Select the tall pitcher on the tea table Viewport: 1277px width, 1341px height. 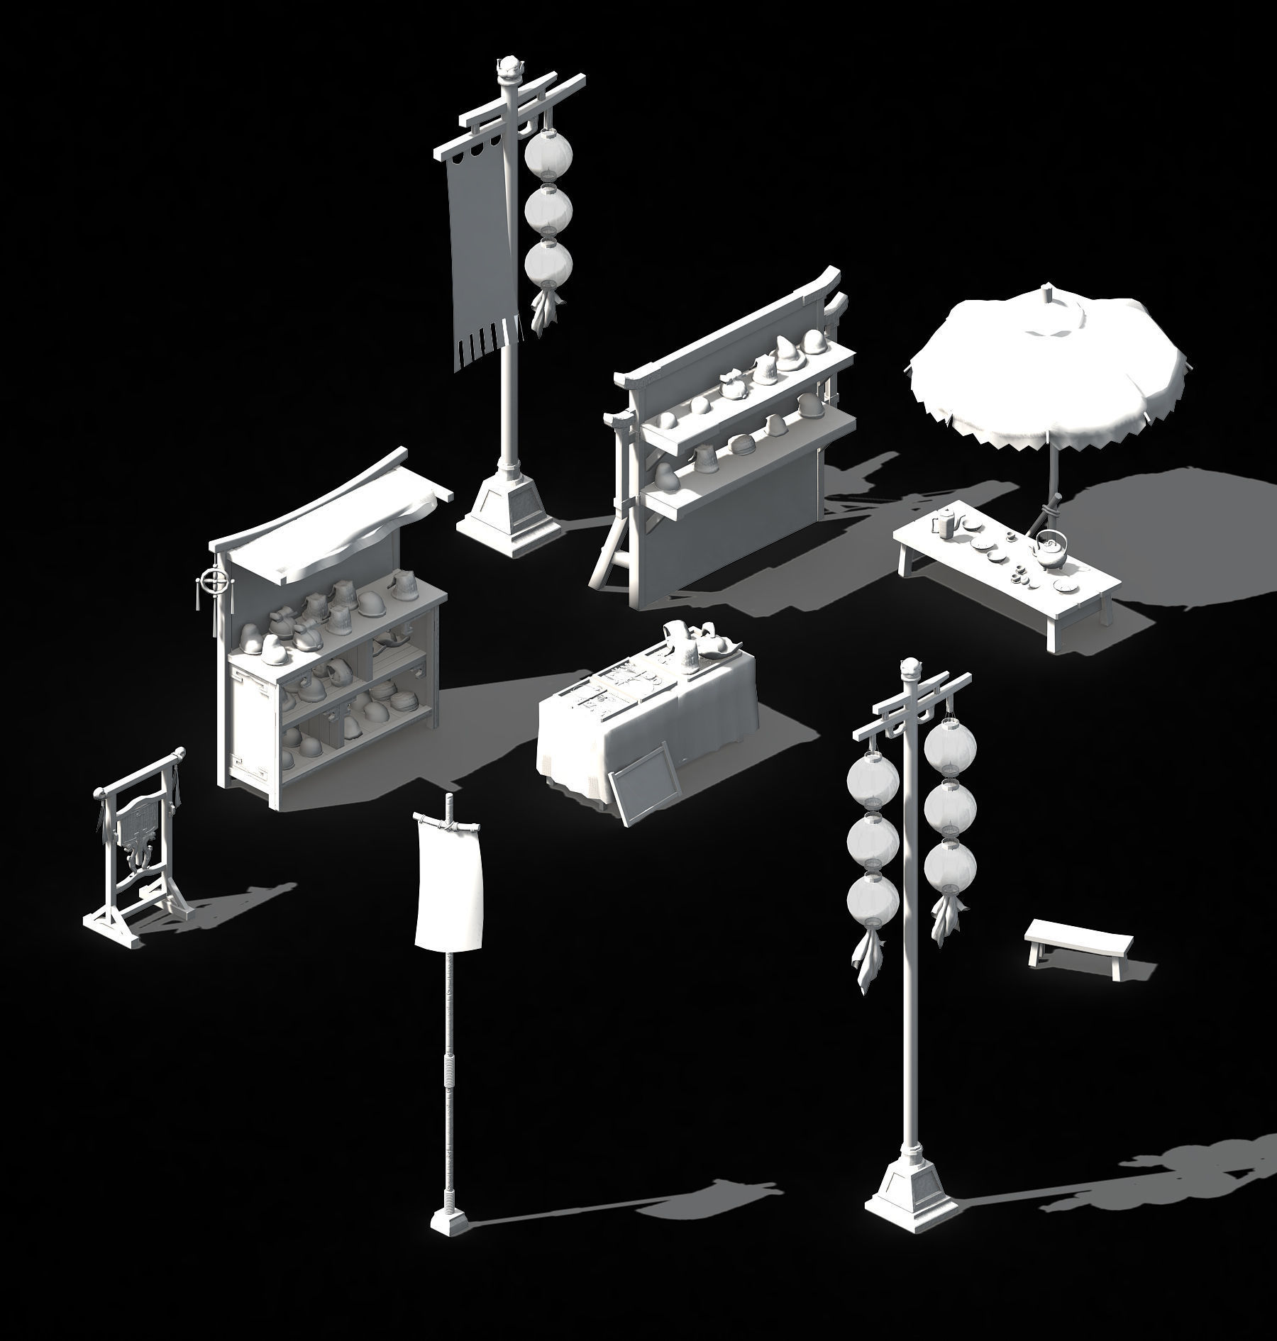(x=946, y=523)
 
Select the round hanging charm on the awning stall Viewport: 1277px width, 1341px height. (x=214, y=582)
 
